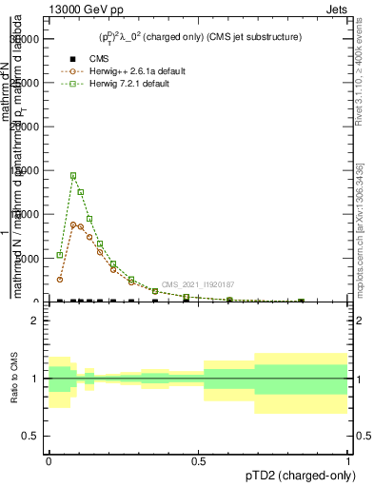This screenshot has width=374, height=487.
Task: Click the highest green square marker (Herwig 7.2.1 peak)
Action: tap(73, 175)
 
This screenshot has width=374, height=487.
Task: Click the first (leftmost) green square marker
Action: tap(59, 255)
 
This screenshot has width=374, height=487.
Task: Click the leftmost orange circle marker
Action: tap(59, 280)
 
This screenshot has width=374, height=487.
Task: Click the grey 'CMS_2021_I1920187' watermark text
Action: tap(197, 284)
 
